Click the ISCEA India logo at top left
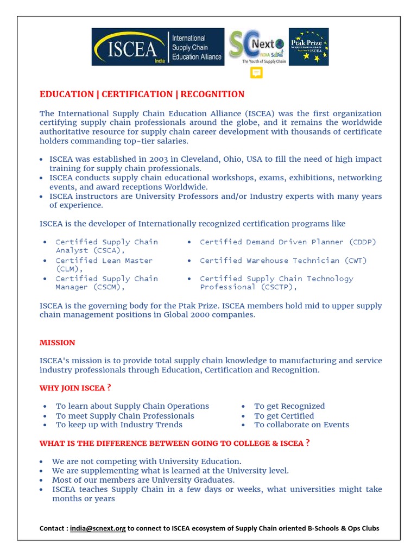point(158,47)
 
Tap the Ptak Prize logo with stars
point(308,47)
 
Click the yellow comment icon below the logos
point(256,73)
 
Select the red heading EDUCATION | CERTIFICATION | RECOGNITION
point(142,94)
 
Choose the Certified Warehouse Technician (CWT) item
point(283,261)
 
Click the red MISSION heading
point(58,343)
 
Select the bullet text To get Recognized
point(289,406)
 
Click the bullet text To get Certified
point(283,416)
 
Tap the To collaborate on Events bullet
point(301,425)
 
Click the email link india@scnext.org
point(98,528)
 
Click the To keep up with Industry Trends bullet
point(119,425)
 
